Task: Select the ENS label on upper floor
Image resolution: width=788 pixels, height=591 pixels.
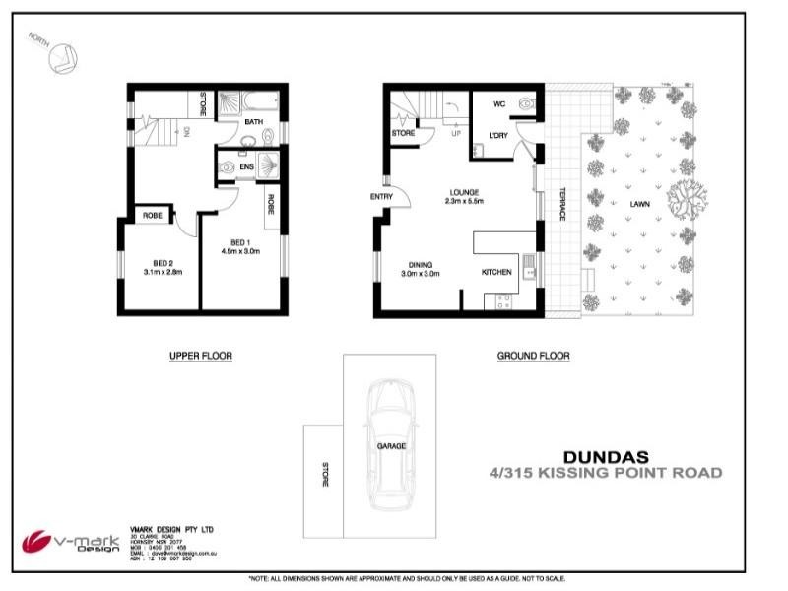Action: pos(246,168)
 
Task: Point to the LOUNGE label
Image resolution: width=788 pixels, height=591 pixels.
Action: pos(464,192)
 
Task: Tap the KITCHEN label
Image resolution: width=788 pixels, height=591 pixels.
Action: pos(495,272)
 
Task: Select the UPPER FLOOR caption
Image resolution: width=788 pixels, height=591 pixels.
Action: pos(200,356)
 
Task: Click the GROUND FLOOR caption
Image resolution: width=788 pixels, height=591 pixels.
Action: pos(533,356)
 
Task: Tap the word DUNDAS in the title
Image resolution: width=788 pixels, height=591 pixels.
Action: pos(605,457)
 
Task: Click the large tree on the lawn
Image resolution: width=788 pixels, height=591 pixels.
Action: pos(687,201)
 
